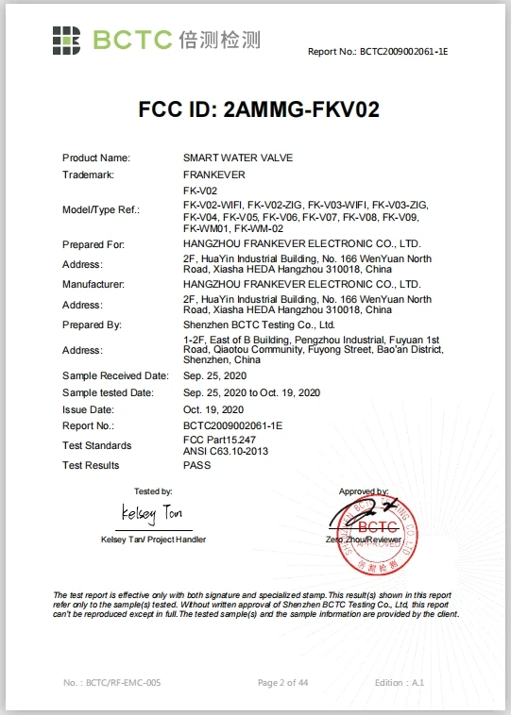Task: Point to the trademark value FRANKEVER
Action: click(x=214, y=175)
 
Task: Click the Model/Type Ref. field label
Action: click(x=101, y=209)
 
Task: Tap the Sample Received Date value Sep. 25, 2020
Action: click(x=213, y=374)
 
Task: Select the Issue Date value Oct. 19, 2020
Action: click(x=213, y=409)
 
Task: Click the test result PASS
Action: click(x=197, y=465)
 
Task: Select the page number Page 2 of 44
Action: click(x=283, y=681)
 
